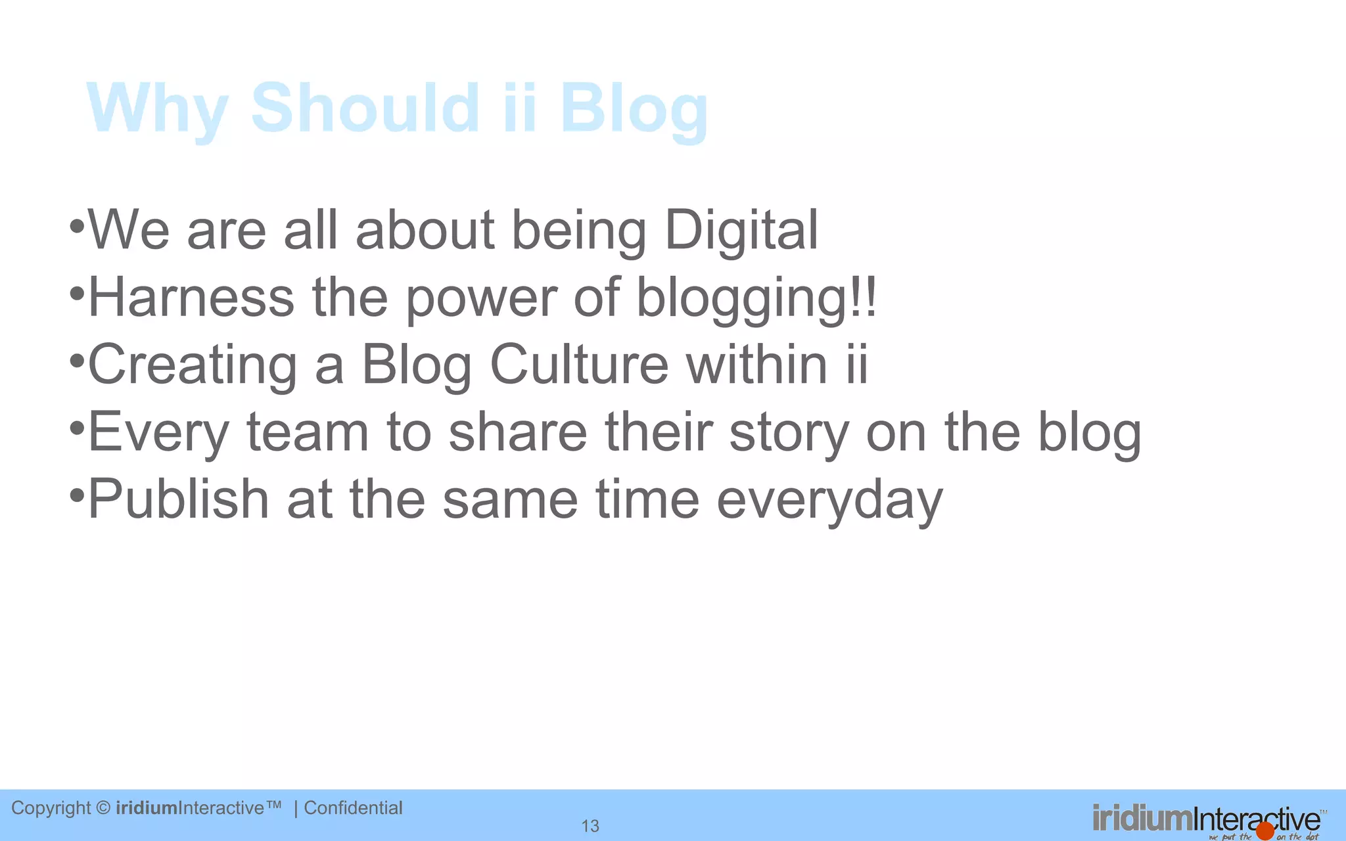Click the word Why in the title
coord(158,109)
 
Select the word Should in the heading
coord(365,108)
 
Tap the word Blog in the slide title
coord(634,109)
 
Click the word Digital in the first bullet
coord(741,231)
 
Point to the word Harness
coord(191,298)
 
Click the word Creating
coord(193,365)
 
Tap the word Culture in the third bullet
coord(579,365)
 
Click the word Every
coord(158,433)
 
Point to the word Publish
coord(178,499)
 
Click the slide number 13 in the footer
coord(590,826)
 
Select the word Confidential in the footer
coord(353,807)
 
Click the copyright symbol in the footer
coord(103,807)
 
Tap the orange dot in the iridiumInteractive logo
coord(1265,830)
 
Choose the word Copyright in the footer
coord(51,808)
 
